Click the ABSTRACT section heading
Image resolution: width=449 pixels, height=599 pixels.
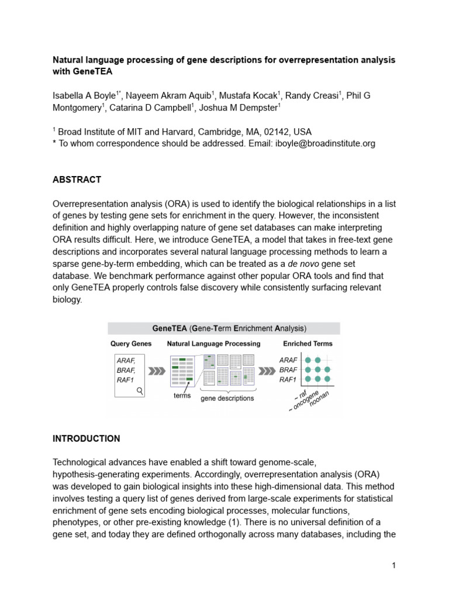coord(77,180)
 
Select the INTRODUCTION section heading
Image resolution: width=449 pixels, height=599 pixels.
coord(87,438)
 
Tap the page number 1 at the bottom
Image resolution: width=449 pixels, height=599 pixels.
coord(394,565)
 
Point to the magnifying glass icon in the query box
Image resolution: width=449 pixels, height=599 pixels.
coord(140,390)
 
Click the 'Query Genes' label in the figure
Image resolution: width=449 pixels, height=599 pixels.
coord(131,343)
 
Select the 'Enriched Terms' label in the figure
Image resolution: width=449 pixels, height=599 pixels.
coord(308,343)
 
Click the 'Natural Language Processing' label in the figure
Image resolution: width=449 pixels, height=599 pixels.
coord(214,343)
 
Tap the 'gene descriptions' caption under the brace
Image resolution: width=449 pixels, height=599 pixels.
coord(227,398)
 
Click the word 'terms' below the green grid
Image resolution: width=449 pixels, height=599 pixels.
coord(182,395)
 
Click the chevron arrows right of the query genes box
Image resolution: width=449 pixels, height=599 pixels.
coord(157,371)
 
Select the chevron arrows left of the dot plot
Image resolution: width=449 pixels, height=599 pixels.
coord(267,371)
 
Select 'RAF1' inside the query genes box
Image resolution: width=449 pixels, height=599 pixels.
coord(125,380)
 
